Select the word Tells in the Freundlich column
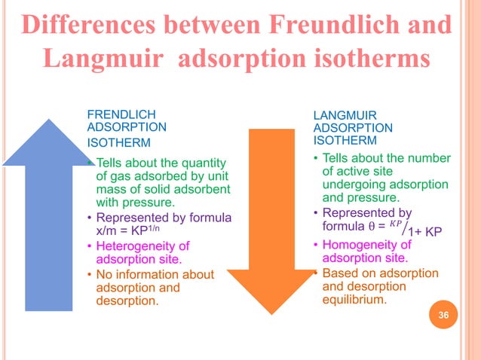112,163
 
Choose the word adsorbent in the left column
205,190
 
